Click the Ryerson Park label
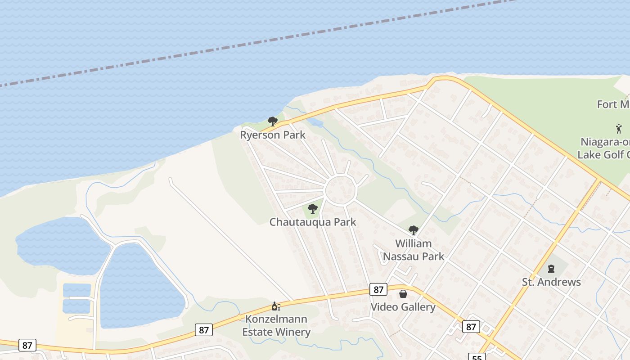coord(273,135)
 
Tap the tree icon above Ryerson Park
coord(272,121)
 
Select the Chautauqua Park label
coord(313,222)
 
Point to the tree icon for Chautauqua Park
coord(312,209)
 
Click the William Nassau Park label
coord(413,250)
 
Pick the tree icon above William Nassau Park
coord(413,230)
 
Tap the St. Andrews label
coord(551,282)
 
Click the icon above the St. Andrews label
coord(551,269)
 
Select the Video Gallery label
coord(403,307)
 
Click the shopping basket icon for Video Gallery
coord(403,294)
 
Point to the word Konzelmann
coord(276,319)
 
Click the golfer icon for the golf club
coord(619,129)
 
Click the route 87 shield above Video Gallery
coord(378,289)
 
